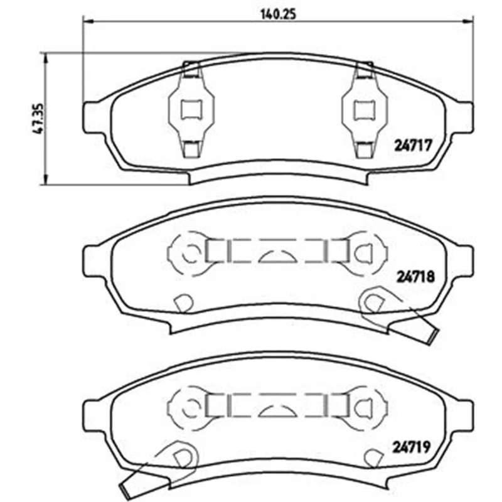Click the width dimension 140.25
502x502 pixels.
pyautogui.click(x=278, y=14)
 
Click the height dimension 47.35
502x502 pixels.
pyautogui.click(x=38, y=119)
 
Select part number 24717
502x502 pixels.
pyautogui.click(x=413, y=146)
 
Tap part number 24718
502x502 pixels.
pyautogui.click(x=415, y=277)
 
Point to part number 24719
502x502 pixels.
pyautogui.click(x=412, y=447)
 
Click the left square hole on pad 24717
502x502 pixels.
pyautogui.click(x=191, y=110)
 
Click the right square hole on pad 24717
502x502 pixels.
pyautogui.click(x=365, y=110)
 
